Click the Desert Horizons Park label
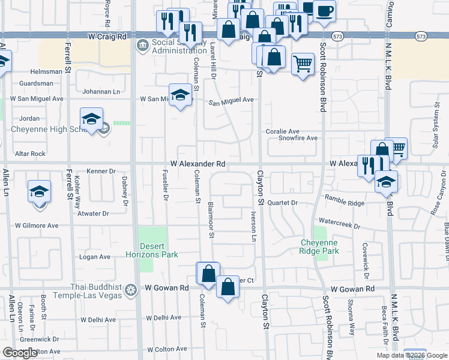coord(159,250)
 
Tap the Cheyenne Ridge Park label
coord(319,247)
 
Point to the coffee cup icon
coord(324,11)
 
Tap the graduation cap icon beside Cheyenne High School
coord(91,119)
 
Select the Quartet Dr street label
coord(283,203)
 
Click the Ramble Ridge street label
coord(345,200)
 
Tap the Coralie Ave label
coord(283,131)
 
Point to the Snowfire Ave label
coord(298,138)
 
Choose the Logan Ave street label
coord(95,257)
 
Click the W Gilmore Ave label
coord(37,226)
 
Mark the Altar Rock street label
coord(31,154)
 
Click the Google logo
coord(20,353)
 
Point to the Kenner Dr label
coord(100,171)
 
